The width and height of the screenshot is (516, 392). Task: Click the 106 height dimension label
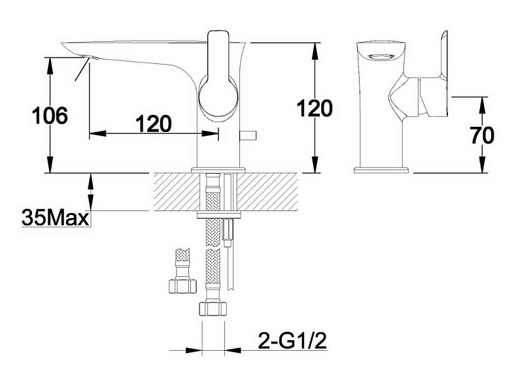[50, 116]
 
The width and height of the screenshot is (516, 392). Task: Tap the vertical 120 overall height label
[315, 108]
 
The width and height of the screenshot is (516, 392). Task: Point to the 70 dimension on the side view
[483, 135]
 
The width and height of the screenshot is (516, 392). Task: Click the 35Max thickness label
[56, 218]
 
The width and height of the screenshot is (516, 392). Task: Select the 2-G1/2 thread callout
[292, 340]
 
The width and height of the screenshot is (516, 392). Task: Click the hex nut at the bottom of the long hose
[213, 309]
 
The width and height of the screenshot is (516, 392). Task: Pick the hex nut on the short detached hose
[182, 286]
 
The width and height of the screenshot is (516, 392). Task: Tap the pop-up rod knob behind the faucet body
[249, 135]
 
